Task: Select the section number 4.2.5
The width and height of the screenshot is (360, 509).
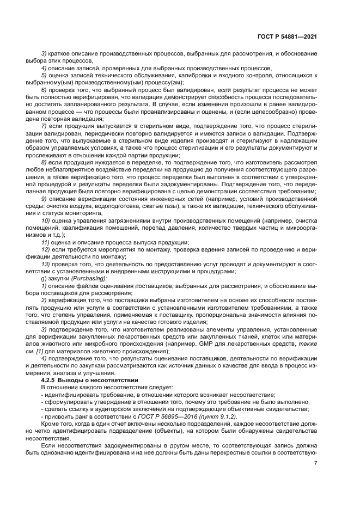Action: pyautogui.click(x=50, y=379)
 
